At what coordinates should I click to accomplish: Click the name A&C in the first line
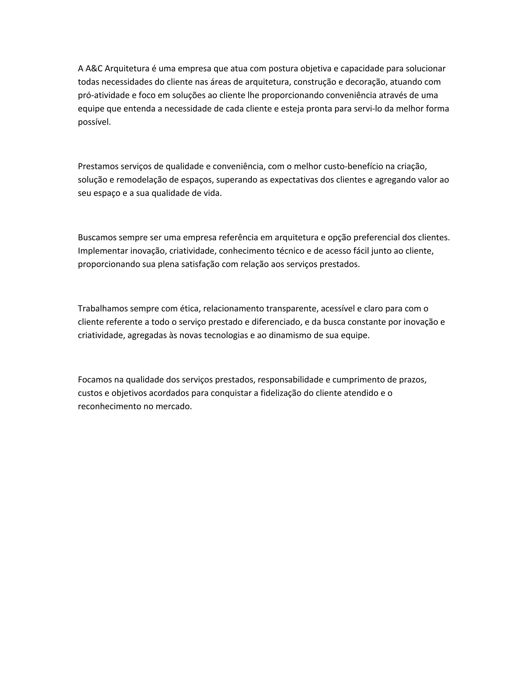pyautogui.click(x=94, y=68)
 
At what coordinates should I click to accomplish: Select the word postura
pyautogui.click(x=283, y=68)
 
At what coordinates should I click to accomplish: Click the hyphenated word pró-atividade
pyautogui.click(x=103, y=95)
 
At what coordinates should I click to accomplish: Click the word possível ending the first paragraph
pyautogui.click(x=94, y=122)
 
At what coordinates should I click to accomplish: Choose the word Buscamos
pyautogui.click(x=96, y=238)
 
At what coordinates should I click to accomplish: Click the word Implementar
pyautogui.click(x=103, y=251)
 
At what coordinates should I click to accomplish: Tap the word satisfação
pyautogui.click(x=200, y=264)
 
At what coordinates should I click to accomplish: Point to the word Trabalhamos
pyautogui.click(x=103, y=309)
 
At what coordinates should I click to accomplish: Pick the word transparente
pyautogui.click(x=291, y=309)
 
